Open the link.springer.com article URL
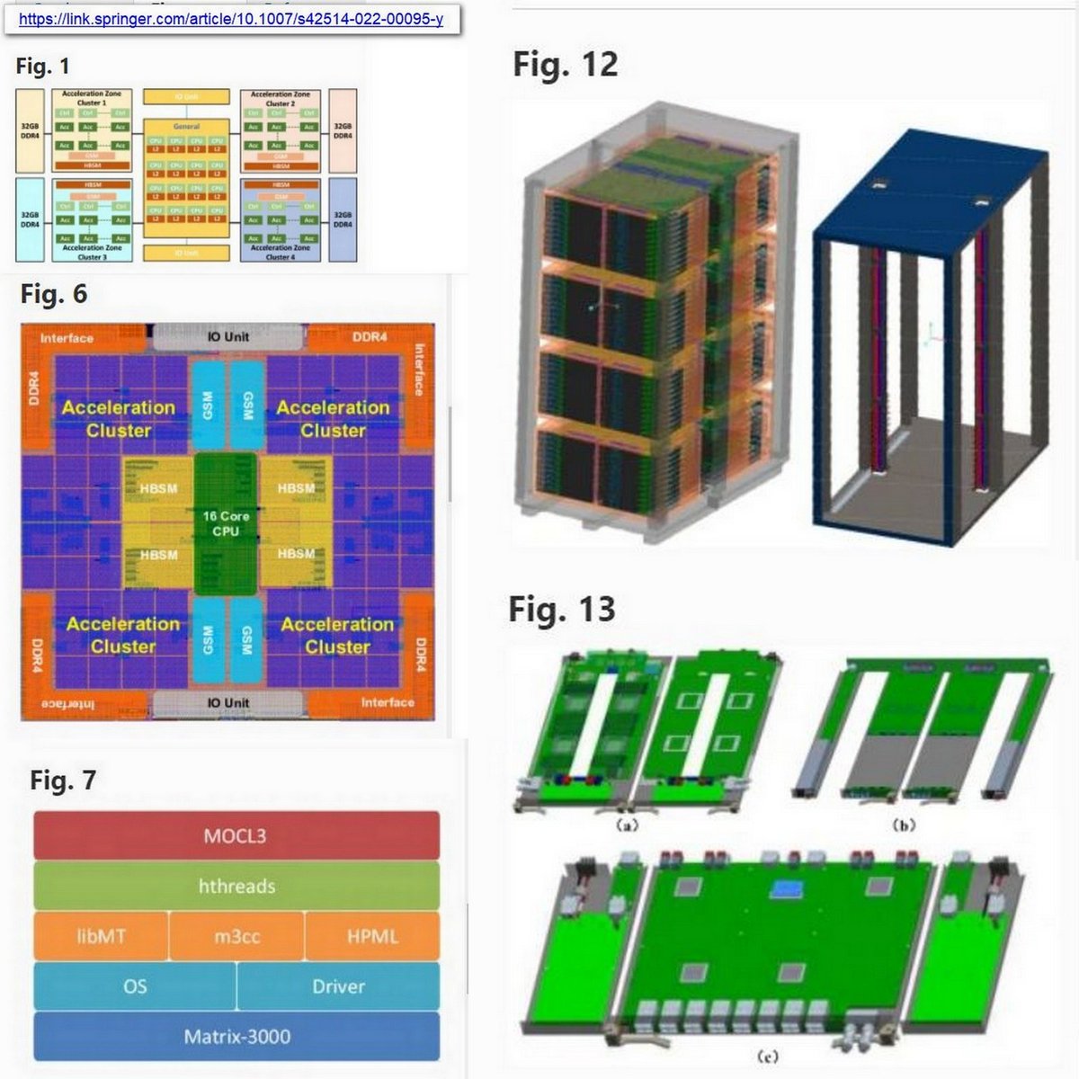[230, 19]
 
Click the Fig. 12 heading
[566, 65]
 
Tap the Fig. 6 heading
[54, 294]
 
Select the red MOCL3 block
[236, 835]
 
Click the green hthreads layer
[236, 887]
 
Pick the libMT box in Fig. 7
[101, 936]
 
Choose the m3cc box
[236, 936]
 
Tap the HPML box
[372, 936]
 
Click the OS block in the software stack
[135, 986]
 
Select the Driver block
[338, 986]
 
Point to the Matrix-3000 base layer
[236, 1037]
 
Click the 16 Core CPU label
[226, 523]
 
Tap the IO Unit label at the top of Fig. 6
[228, 337]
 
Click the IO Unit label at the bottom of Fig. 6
[228, 702]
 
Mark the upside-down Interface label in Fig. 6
[67, 703]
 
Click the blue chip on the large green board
[789, 890]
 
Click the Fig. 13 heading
[562, 610]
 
